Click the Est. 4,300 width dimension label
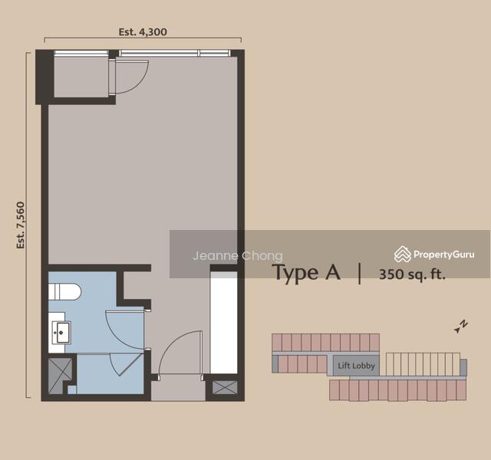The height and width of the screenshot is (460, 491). click(x=143, y=32)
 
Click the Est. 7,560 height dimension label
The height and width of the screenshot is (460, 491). click(x=21, y=225)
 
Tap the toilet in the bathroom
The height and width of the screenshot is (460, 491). click(x=64, y=291)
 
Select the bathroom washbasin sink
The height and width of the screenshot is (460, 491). click(x=61, y=332)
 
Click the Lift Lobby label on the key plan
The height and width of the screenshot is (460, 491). click(x=356, y=366)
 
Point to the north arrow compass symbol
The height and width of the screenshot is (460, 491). click(x=461, y=327)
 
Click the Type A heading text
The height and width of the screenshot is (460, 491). click(x=307, y=273)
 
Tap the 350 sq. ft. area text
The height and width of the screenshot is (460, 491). click(x=412, y=274)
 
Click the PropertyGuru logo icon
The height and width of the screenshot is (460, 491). click(x=402, y=254)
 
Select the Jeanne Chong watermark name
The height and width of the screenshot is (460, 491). click(x=237, y=256)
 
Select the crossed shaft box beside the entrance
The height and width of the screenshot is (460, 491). click(x=225, y=387)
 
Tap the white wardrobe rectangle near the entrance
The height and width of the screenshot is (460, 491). click(x=223, y=322)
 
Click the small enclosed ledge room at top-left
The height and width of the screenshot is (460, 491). click(x=81, y=77)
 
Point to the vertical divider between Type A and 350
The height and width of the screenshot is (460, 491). click(x=360, y=274)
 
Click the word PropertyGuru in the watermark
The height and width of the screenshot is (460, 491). click(x=444, y=255)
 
